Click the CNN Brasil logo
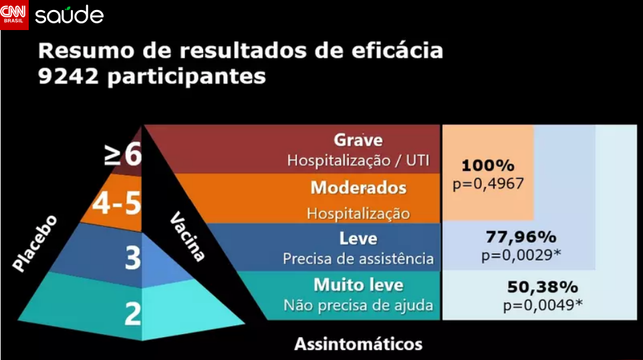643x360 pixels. (x=14, y=15)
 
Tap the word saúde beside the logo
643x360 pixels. (x=70, y=15)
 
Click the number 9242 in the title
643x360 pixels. (x=68, y=75)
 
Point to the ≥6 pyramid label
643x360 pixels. (x=122, y=154)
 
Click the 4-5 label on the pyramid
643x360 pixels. (x=117, y=203)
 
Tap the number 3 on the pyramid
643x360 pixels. (x=133, y=258)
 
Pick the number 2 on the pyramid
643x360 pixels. (x=133, y=314)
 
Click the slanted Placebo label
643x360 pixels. (x=35, y=243)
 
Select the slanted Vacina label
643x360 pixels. (x=187, y=236)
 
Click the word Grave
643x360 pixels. (x=358, y=140)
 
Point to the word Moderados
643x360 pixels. (x=358, y=188)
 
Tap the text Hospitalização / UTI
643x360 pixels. (x=358, y=160)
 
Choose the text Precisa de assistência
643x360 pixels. (x=358, y=258)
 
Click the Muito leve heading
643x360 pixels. (x=358, y=285)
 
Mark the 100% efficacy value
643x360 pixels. (x=488, y=166)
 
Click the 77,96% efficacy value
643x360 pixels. (x=521, y=236)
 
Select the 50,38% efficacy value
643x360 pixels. (x=543, y=287)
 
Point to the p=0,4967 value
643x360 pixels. (x=488, y=184)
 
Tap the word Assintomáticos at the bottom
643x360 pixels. (x=358, y=344)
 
